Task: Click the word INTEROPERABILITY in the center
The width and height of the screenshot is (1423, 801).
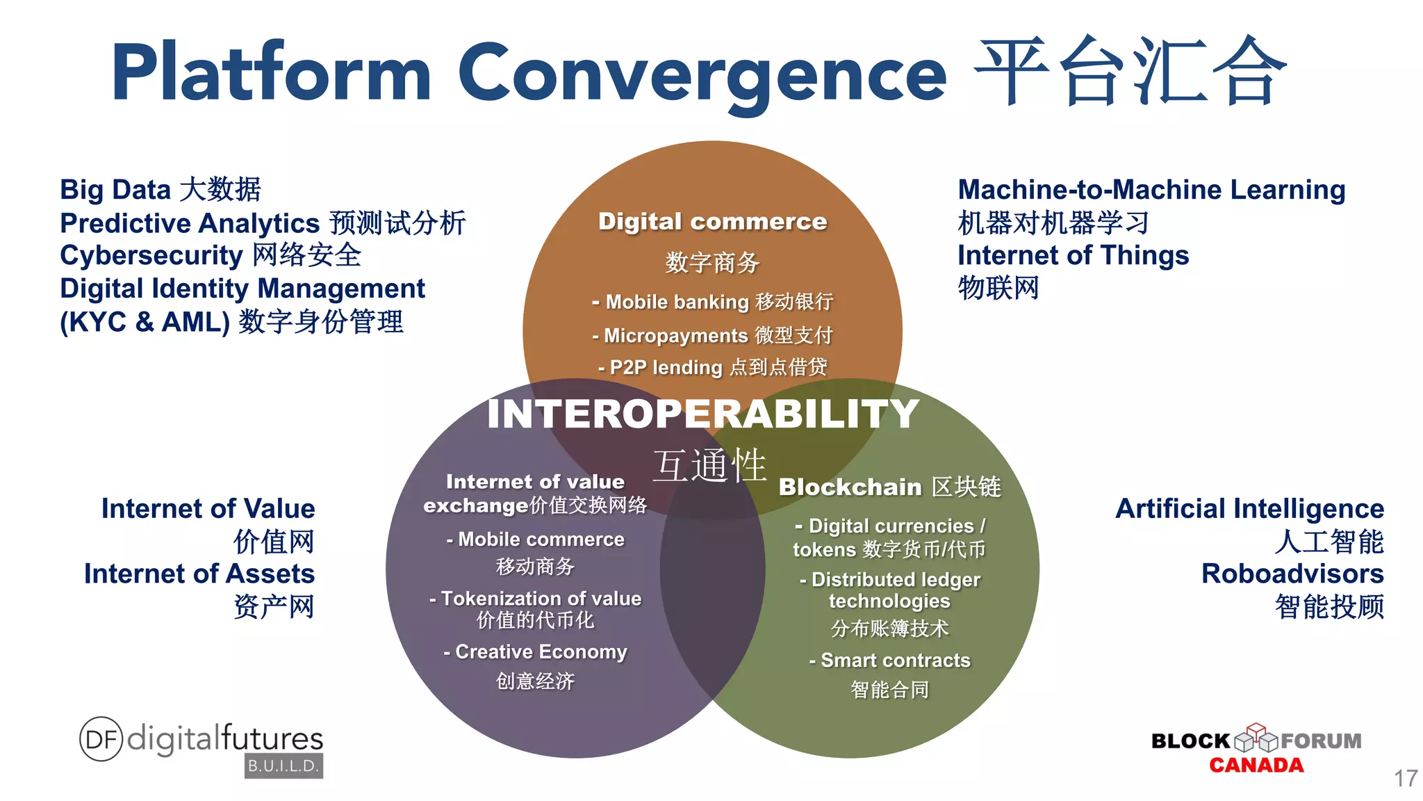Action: coord(703,414)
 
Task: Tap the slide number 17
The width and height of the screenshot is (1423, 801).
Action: coord(1405,778)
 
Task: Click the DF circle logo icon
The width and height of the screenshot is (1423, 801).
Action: coord(101,738)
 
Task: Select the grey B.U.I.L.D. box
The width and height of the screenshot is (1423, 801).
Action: coord(283,766)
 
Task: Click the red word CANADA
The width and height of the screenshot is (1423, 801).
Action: coord(1256,766)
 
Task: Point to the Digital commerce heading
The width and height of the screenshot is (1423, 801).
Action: coord(712,221)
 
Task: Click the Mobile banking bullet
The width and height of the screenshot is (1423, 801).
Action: coord(712,302)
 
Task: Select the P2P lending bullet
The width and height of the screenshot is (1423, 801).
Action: coord(712,367)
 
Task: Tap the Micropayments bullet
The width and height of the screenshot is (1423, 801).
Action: coord(712,335)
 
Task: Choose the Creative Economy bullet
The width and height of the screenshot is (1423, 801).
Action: coord(535,652)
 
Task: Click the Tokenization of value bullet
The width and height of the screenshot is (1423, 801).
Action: coord(535,599)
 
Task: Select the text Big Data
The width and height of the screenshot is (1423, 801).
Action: coord(115,189)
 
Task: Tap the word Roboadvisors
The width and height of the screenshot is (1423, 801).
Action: coord(1292,574)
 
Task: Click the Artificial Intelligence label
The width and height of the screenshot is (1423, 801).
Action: coord(1249,508)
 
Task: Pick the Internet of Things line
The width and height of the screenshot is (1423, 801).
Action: coord(1073,255)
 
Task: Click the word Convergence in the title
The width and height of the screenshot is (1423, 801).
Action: coord(702,73)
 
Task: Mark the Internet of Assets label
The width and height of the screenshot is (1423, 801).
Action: coord(199,574)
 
